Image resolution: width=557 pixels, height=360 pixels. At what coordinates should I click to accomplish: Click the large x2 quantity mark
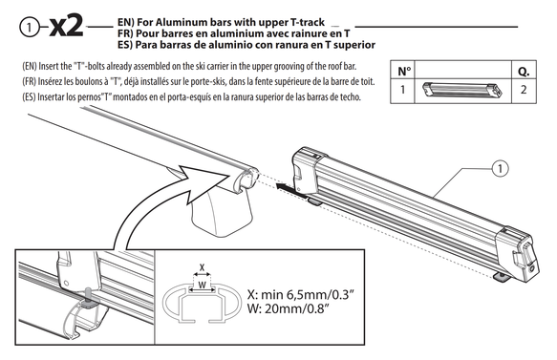click(66, 27)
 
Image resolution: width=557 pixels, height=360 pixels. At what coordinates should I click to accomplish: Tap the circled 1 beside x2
click(29, 28)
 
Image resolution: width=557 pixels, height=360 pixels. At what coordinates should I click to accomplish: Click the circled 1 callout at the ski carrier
click(501, 168)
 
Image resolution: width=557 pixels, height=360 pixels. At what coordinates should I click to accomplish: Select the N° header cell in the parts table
click(402, 71)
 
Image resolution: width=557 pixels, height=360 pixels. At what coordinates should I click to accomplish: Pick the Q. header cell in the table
click(524, 71)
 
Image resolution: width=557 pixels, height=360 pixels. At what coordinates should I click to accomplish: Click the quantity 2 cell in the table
click(524, 90)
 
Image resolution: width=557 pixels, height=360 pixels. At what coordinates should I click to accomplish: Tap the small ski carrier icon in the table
click(462, 90)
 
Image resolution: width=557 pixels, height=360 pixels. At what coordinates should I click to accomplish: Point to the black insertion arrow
click(292, 191)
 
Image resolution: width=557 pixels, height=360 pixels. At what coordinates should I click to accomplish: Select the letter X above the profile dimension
click(203, 267)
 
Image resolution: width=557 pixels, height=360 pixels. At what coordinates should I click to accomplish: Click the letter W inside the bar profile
click(202, 285)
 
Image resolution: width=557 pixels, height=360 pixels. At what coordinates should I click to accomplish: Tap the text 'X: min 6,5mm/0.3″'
click(301, 295)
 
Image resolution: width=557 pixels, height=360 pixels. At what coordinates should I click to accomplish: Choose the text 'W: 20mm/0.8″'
click(287, 308)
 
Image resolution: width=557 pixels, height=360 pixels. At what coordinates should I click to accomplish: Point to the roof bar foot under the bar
click(222, 212)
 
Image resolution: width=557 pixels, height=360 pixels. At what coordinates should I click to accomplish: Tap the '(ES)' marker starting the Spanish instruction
click(29, 97)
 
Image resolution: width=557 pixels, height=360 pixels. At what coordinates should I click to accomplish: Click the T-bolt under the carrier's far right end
click(502, 277)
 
